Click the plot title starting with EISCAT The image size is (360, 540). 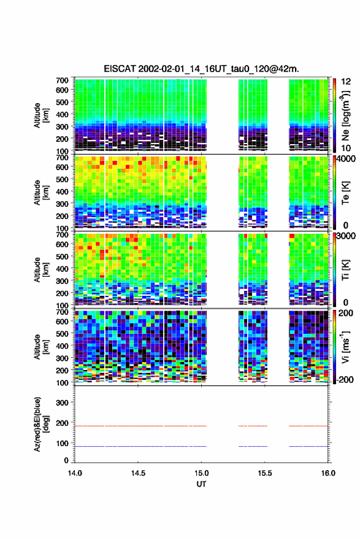click(x=201, y=69)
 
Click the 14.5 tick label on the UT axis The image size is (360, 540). click(x=138, y=473)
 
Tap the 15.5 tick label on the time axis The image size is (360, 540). click(x=265, y=473)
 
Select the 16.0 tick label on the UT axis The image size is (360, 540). click(x=328, y=473)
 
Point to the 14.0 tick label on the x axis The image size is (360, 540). click(x=75, y=473)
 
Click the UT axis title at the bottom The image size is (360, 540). click(x=201, y=484)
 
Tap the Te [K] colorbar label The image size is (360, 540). click(x=345, y=193)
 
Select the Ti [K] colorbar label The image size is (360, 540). click(x=345, y=270)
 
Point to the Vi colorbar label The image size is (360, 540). click(x=345, y=347)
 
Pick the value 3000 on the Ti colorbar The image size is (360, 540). click(x=347, y=236)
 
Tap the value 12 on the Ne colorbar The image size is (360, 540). click(x=347, y=81)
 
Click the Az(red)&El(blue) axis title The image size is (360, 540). click(x=41, y=424)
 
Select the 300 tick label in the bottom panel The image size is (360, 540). click(x=62, y=403)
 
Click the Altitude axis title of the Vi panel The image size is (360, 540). click(x=41, y=347)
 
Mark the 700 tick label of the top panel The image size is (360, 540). click(x=62, y=80)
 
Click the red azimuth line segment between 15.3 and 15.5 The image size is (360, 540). click(x=253, y=426)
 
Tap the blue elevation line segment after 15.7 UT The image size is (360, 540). click(x=308, y=446)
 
